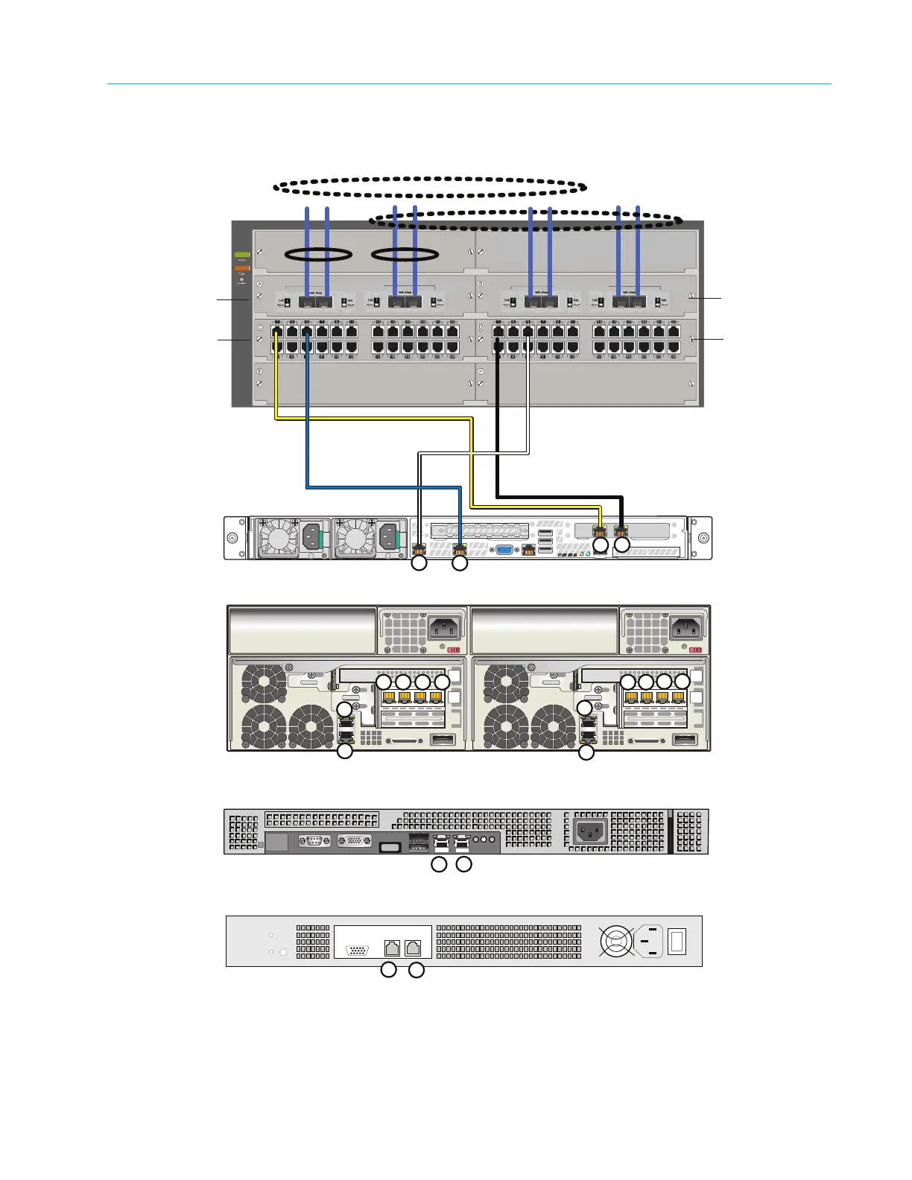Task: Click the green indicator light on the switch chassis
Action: click(x=242, y=255)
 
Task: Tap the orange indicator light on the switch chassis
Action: click(x=242, y=267)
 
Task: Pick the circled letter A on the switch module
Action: click(x=259, y=284)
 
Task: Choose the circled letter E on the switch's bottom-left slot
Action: click(x=259, y=370)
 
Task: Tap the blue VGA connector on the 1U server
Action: click(x=504, y=550)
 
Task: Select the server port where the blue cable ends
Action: click(x=460, y=551)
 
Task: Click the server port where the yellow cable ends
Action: click(x=601, y=532)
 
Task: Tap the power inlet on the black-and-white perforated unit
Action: click(x=589, y=831)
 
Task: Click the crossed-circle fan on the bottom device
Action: click(x=616, y=942)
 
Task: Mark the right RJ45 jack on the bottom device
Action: click(x=413, y=948)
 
